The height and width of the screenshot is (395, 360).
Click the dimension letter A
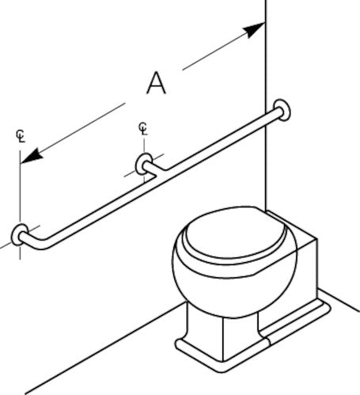pos(157,83)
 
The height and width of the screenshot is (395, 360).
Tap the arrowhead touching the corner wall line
pos(254,30)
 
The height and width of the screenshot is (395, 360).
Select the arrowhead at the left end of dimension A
pos(32,156)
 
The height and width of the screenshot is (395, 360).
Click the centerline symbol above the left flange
pos(21,136)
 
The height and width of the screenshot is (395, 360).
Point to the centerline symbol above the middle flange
pos(143,128)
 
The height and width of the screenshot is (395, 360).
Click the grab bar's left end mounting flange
pos(18,235)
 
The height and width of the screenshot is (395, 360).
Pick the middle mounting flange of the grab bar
pos(143,164)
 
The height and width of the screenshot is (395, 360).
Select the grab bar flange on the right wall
pos(282,110)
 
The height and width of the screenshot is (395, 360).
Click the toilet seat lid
pos(236,234)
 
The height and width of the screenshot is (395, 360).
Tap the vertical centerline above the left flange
pos(20,204)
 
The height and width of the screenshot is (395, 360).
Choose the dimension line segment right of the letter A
pos(216,50)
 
